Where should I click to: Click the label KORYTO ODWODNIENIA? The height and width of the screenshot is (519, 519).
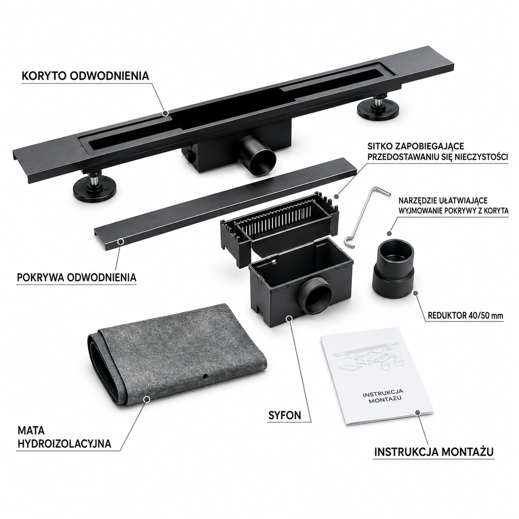pyautogui.click(x=85, y=76)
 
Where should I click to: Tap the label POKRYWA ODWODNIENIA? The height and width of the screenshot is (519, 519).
pyautogui.click(x=77, y=277)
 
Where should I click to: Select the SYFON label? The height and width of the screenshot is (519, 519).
pyautogui.click(x=285, y=416)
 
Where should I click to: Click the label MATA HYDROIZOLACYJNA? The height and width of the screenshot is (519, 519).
pyautogui.click(x=64, y=437)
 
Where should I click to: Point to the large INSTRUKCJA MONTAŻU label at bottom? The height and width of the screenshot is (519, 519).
pyautogui.click(x=434, y=452)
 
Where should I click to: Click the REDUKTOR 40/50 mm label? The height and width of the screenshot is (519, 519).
pyautogui.click(x=465, y=315)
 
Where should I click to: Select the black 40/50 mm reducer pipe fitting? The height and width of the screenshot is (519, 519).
pyautogui.click(x=393, y=269)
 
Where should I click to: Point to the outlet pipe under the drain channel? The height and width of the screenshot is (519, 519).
pyautogui.click(x=256, y=157)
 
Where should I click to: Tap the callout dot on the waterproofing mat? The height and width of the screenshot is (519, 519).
pyautogui.click(x=146, y=399)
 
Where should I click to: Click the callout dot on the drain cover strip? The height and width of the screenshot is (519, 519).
pyautogui.click(x=121, y=242)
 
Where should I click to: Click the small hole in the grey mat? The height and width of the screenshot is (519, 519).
pyautogui.click(x=206, y=377)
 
